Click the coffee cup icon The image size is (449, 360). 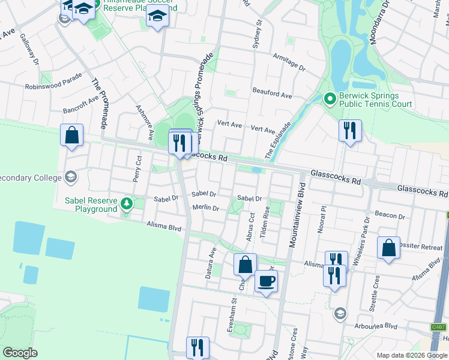[x=266, y=281]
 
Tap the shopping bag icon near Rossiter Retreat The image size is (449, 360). [x=389, y=247]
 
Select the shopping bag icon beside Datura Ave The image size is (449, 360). [x=245, y=264]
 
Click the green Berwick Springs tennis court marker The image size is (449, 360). [x=329, y=98]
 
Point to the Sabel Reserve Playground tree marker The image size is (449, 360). [x=126, y=203]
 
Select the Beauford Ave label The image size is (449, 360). [x=273, y=95]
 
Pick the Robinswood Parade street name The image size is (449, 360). [x=53, y=83]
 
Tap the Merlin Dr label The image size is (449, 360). [x=205, y=208]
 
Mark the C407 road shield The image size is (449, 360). [x=438, y=328]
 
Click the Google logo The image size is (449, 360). [x=20, y=352]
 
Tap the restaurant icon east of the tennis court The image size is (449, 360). [x=350, y=130]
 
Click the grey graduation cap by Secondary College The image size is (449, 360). [x=71, y=176]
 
